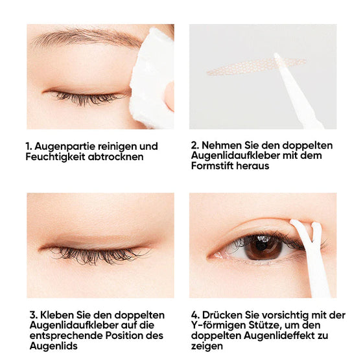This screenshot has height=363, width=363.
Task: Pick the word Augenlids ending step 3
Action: tap(52, 346)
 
